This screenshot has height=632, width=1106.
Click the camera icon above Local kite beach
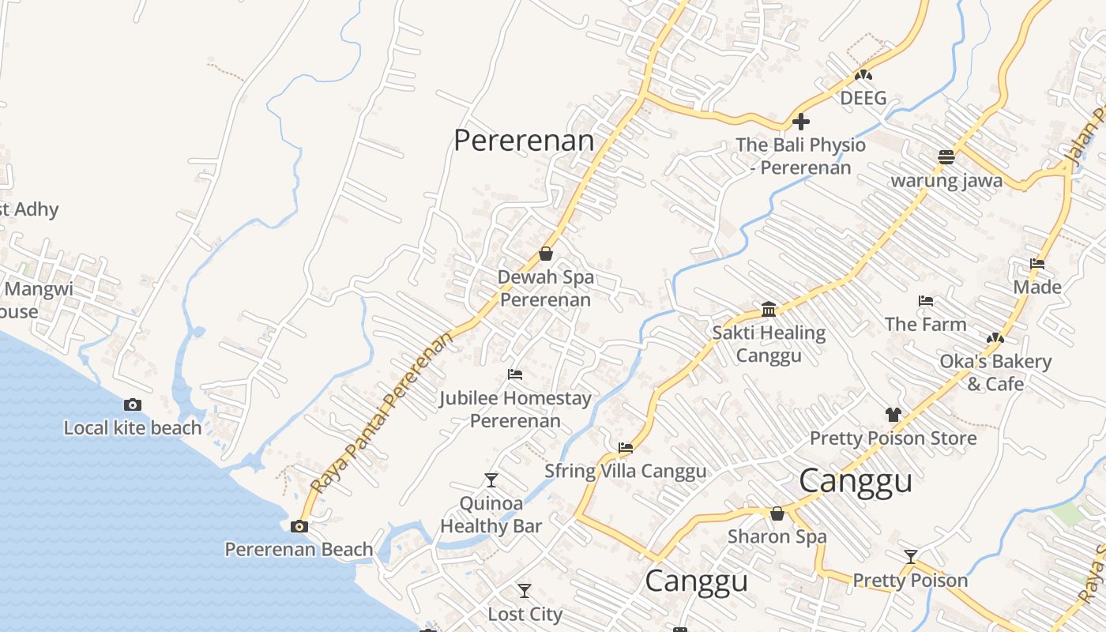click(133, 404)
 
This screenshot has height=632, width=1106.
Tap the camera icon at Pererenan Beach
click(299, 526)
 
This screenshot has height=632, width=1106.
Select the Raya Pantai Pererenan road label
click(383, 411)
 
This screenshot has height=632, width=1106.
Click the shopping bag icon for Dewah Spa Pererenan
click(545, 254)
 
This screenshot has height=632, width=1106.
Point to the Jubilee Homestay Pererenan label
click(515, 409)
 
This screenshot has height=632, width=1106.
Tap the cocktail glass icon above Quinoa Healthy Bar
click(491, 480)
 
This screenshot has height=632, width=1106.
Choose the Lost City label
click(525, 614)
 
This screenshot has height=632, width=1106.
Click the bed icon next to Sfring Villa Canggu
click(626, 448)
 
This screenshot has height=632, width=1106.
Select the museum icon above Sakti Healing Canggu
click(769, 308)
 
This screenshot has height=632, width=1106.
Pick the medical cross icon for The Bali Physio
click(801, 122)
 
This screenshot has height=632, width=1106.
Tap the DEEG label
click(863, 98)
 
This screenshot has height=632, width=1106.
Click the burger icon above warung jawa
click(946, 156)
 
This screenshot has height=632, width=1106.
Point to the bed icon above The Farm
click(926, 301)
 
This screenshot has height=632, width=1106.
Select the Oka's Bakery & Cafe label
click(995, 373)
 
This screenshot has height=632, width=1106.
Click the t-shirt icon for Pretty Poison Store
click(893, 414)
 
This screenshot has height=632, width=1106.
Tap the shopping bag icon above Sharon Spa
click(777, 513)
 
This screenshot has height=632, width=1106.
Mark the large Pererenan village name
click(524, 140)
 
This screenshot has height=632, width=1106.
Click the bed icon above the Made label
click(1037, 264)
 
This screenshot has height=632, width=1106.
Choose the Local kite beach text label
click(133, 428)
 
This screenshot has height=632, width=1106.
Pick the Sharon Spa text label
click(777, 536)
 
